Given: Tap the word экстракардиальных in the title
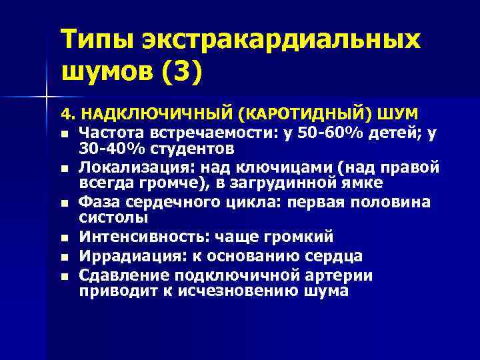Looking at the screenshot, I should click(280, 39).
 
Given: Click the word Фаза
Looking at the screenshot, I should click(97, 202).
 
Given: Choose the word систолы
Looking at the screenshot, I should click(109, 217).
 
